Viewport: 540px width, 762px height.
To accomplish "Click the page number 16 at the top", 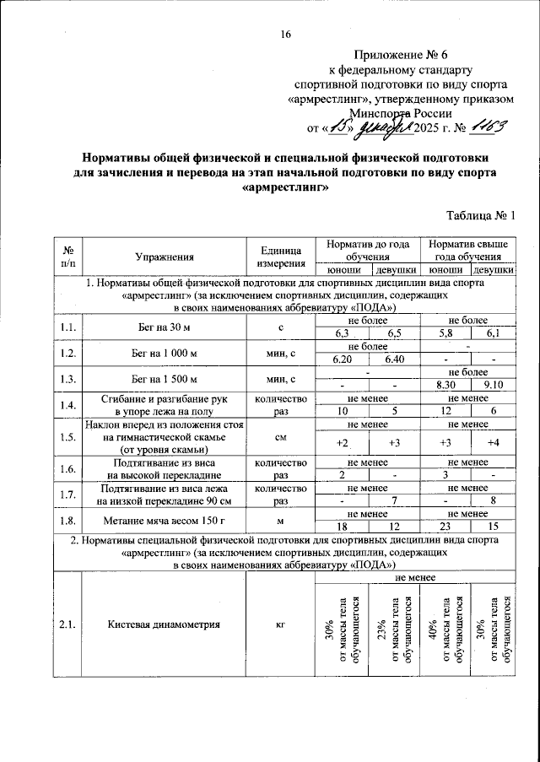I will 285,35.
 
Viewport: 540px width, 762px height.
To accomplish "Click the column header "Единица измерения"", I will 280,257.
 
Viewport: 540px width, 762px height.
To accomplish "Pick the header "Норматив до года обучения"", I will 367,250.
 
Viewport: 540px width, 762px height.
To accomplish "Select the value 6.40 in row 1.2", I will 393,359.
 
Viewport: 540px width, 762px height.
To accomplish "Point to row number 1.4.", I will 67,404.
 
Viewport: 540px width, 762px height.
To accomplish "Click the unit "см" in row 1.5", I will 280,437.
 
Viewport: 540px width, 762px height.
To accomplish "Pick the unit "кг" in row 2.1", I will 280,624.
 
